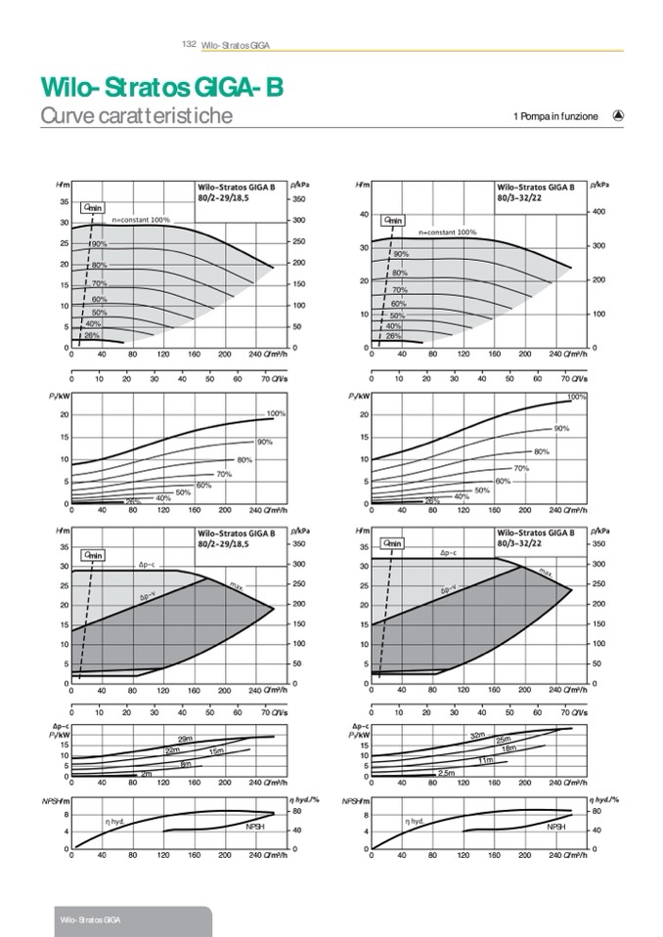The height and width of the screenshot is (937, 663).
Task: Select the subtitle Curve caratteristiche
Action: point(136,116)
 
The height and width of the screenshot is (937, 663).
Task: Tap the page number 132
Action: point(190,44)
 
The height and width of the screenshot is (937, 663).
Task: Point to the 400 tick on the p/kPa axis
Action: point(601,212)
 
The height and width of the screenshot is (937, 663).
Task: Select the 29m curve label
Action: point(184,739)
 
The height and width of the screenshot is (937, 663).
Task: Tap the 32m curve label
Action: point(477,735)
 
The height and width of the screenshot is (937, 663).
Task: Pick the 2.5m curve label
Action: point(447,773)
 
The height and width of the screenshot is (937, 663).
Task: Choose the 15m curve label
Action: point(216,750)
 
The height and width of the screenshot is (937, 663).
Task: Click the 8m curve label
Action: point(185,763)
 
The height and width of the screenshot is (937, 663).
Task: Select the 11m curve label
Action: point(486,759)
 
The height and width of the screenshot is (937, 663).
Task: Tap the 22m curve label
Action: point(172,750)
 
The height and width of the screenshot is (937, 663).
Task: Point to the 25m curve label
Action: point(505,739)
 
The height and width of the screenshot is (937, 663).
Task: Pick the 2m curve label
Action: point(147,774)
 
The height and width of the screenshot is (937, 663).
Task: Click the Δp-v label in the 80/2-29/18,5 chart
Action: point(148,594)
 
